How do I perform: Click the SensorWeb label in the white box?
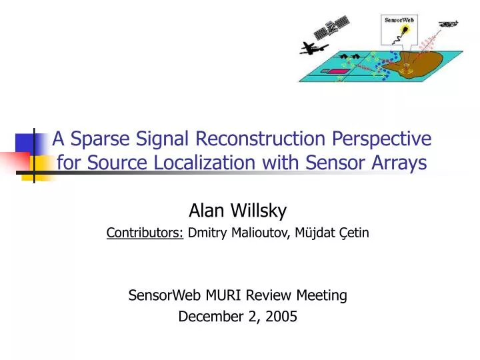[x=398, y=19]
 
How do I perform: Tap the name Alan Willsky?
[x=238, y=211]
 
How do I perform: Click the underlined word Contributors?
[x=146, y=233]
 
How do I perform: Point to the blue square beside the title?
[x=25, y=142]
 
